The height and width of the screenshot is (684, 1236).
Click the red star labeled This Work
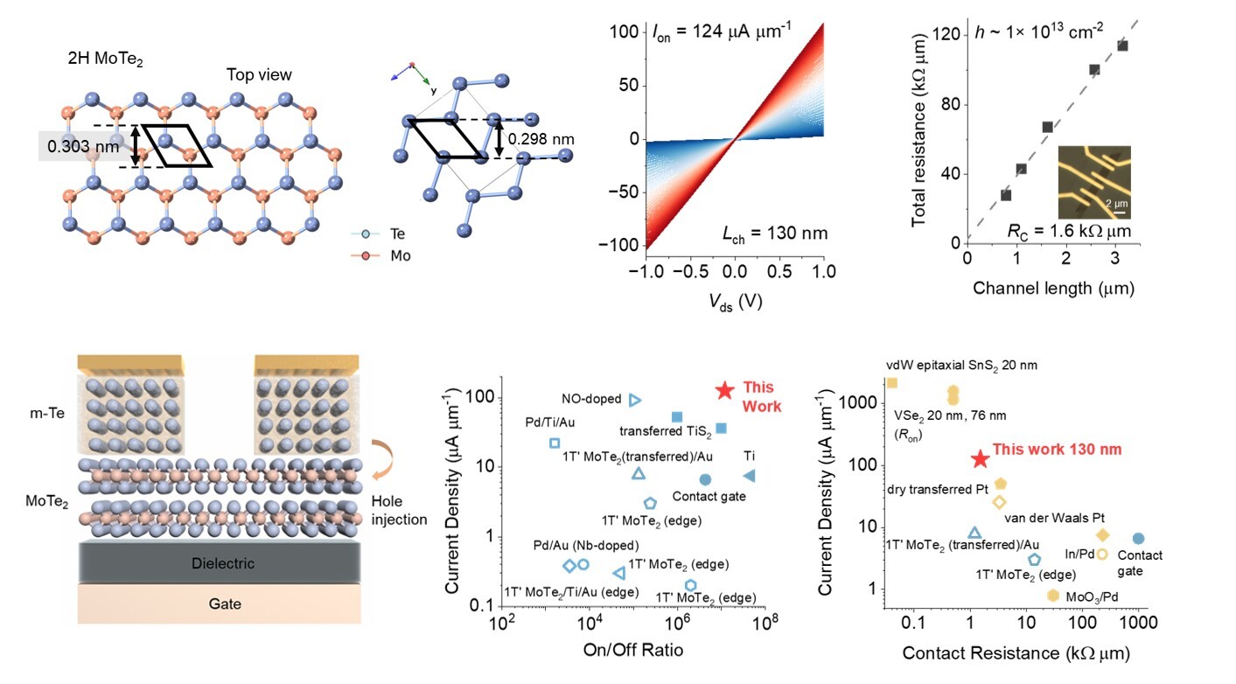tap(724, 391)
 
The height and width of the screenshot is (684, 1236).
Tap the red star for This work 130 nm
tap(981, 458)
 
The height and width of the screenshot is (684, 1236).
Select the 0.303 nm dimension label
tap(83, 146)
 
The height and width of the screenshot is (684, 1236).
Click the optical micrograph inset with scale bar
tap(1094, 182)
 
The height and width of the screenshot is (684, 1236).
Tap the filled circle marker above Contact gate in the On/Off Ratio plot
tap(705, 479)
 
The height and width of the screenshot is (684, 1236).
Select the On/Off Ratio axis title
tap(632, 649)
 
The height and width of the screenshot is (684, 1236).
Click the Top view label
tap(259, 75)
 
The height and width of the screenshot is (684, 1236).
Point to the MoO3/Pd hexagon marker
tap(1054, 595)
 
